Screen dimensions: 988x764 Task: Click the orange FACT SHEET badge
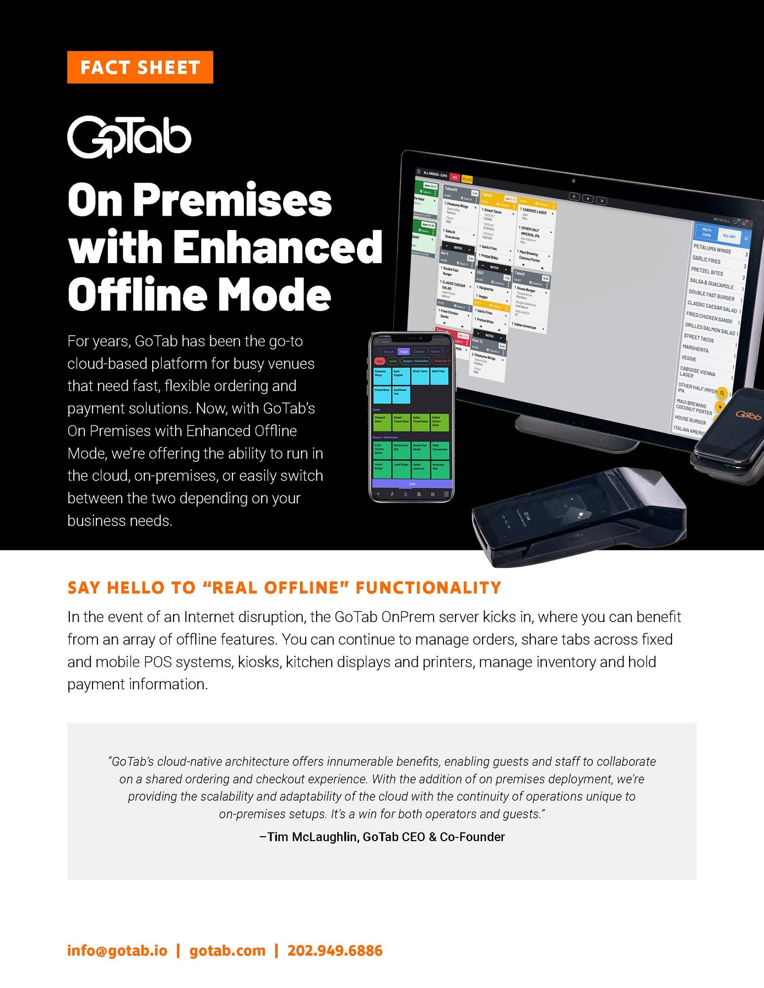click(x=140, y=67)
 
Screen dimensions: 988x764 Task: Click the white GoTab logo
click(x=129, y=137)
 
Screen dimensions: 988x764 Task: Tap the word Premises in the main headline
click(x=232, y=200)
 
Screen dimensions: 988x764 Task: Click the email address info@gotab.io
click(x=117, y=950)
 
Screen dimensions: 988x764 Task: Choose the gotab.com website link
click(x=227, y=950)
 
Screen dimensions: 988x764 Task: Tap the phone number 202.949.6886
click(x=335, y=950)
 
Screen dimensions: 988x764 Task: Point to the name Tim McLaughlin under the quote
click(x=313, y=837)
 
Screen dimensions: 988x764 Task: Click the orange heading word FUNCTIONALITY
click(x=428, y=587)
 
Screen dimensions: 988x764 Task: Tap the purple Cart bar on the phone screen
click(x=412, y=484)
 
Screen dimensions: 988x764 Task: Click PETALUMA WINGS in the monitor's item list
click(x=712, y=249)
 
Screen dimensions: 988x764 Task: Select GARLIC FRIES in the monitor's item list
click(x=706, y=260)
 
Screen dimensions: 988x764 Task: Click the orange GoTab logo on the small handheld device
click(x=748, y=415)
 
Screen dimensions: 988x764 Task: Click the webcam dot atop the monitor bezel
click(x=573, y=181)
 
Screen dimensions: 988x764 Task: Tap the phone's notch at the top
click(x=412, y=339)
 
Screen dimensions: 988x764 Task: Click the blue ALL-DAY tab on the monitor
click(x=728, y=236)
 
